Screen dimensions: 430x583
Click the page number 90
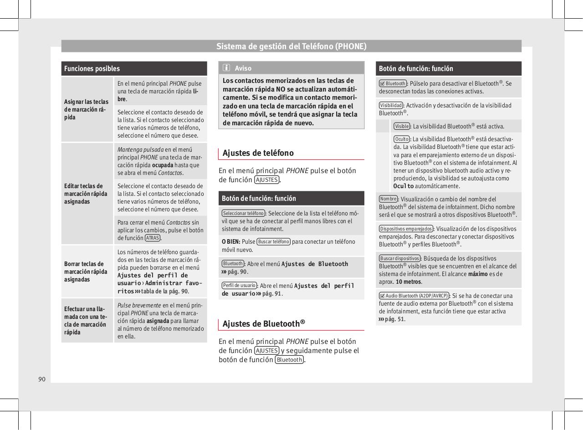pyautogui.click(x=42, y=379)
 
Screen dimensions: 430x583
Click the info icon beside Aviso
pyautogui.click(x=226, y=68)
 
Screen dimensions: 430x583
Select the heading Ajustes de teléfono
pyautogui.click(x=258, y=153)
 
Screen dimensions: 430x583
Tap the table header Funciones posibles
pyautogui.click(x=92, y=69)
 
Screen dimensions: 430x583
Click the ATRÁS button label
pyautogui.click(x=152, y=238)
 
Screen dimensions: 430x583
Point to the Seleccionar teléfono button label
pyautogui.click(x=243, y=213)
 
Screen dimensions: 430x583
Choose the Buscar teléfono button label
pyautogui.click(x=273, y=242)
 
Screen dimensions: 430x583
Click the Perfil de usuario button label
pyautogui.click(x=239, y=286)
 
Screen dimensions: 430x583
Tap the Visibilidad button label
pyautogui.click(x=391, y=105)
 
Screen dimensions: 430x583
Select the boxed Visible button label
pyautogui.click(x=402, y=126)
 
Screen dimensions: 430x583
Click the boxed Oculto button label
pyautogui.click(x=402, y=139)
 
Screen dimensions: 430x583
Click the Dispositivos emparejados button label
pyautogui.click(x=406, y=229)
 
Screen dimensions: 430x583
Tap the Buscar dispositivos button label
pyautogui.click(x=400, y=258)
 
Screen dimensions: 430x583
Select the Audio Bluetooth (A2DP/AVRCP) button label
pyautogui.click(x=414, y=296)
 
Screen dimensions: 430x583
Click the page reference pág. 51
pyautogui.click(x=394, y=319)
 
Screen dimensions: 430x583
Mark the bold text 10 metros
pyautogui.click(x=409, y=282)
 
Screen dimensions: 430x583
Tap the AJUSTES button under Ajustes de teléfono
pyautogui.click(x=266, y=179)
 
